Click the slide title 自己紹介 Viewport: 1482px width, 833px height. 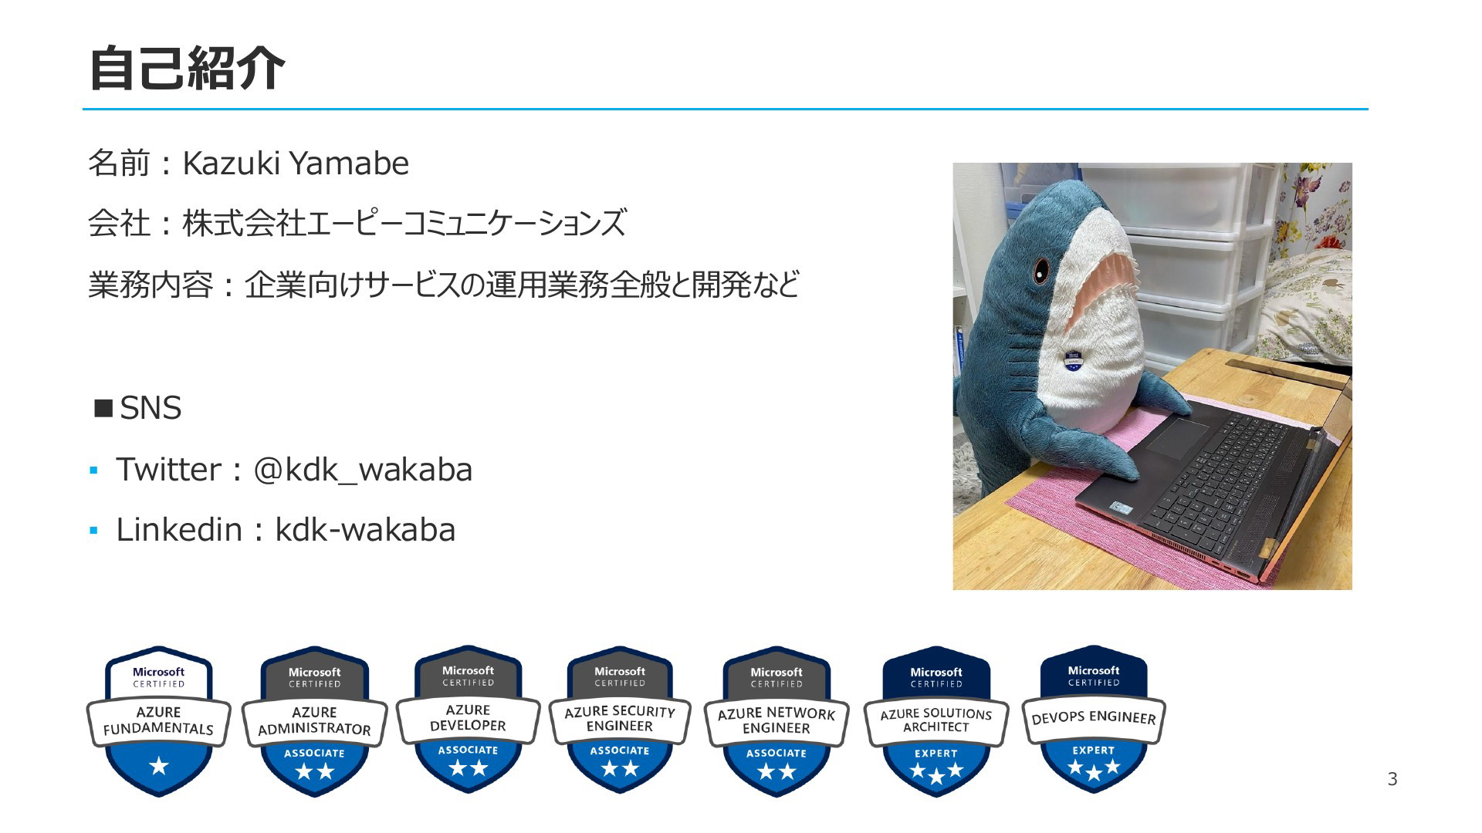(x=187, y=68)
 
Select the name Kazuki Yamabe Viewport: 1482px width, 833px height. (x=296, y=164)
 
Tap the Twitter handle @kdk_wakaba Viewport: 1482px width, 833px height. (x=363, y=470)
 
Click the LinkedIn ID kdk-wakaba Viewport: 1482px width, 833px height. (x=365, y=530)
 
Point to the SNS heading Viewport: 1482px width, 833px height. (x=138, y=408)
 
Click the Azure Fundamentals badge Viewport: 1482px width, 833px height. (x=159, y=721)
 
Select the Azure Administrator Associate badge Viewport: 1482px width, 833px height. (x=314, y=721)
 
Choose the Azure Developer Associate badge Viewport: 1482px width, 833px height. (x=468, y=720)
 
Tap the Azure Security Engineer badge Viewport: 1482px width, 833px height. (x=620, y=720)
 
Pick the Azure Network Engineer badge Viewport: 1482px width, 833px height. (x=777, y=721)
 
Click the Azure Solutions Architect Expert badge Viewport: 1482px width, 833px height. (x=936, y=721)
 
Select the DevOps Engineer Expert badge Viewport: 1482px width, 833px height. (x=1094, y=720)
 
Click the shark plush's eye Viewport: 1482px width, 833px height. (x=1042, y=270)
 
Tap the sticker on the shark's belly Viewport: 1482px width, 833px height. (x=1071, y=360)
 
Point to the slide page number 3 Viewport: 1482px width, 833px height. (x=1392, y=779)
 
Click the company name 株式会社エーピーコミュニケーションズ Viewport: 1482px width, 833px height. (x=404, y=224)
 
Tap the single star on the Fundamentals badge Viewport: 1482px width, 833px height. (x=159, y=766)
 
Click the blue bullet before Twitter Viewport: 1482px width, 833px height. (x=93, y=470)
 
